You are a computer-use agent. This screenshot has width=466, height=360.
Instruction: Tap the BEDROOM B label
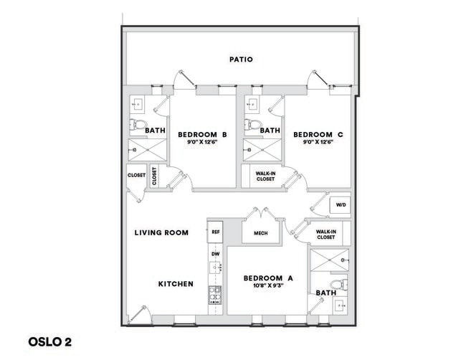click(x=202, y=134)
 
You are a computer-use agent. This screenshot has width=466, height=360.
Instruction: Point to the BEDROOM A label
click(x=267, y=278)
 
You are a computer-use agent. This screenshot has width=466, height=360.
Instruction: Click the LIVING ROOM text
click(x=161, y=232)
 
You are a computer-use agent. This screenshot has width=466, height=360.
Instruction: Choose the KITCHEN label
click(x=176, y=284)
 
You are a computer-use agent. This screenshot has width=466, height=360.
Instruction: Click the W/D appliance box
click(x=340, y=205)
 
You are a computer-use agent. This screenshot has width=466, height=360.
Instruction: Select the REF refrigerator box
click(x=215, y=232)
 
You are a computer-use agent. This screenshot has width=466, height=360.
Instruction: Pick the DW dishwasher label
click(x=214, y=254)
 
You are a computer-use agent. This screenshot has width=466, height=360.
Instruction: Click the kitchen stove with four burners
click(x=214, y=295)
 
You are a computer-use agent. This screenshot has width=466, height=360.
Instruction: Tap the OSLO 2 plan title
click(x=51, y=341)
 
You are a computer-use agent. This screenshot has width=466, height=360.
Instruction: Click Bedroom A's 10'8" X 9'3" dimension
click(x=267, y=286)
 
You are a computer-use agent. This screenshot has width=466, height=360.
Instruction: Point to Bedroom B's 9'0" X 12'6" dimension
click(x=202, y=142)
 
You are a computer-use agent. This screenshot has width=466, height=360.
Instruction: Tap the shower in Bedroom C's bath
click(x=255, y=151)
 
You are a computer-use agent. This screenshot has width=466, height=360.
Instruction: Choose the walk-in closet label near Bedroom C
click(x=265, y=176)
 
